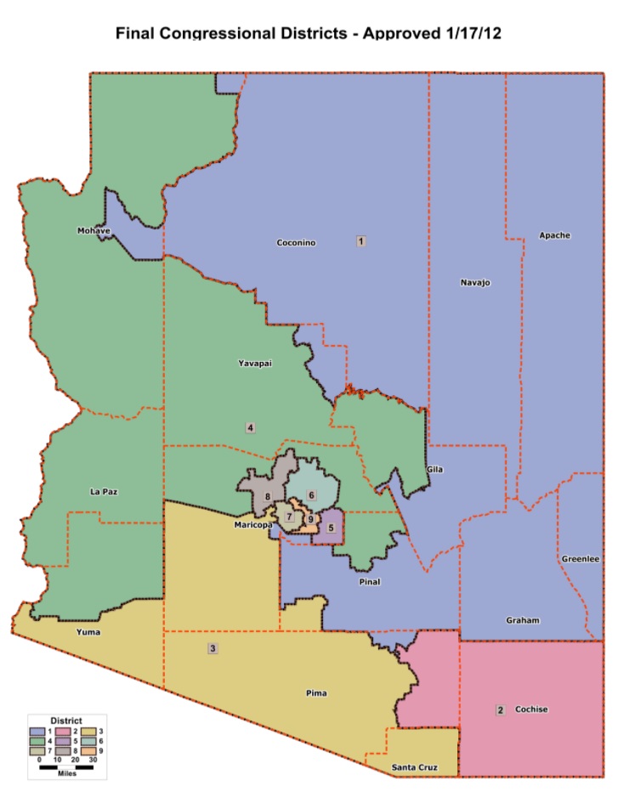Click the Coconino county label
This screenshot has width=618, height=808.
(296, 243)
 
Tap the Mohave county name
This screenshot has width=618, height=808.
(94, 230)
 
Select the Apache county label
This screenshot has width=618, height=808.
(554, 234)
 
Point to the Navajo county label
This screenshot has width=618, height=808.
(475, 282)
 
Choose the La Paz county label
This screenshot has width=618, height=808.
(103, 492)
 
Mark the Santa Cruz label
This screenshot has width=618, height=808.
(414, 768)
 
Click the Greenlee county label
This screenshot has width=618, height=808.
(581, 559)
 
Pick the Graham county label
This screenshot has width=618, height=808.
(522, 620)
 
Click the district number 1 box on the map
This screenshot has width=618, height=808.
(361, 241)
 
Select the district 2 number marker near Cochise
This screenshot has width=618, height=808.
(501, 709)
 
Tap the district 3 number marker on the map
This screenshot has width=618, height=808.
(213, 649)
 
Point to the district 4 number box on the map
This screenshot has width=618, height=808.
(250, 427)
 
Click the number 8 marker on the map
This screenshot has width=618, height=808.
(267, 497)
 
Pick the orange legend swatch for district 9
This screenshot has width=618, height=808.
(93, 751)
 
